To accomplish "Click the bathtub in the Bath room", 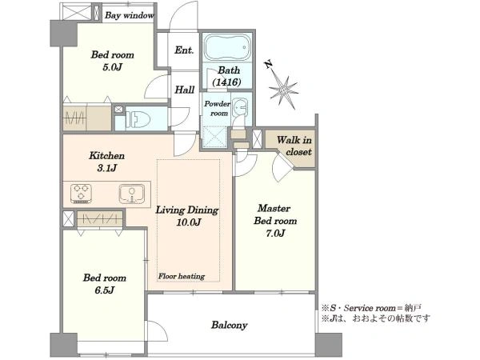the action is point(227,48).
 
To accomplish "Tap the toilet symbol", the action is point(138,118).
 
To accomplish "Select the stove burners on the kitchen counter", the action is point(81,194).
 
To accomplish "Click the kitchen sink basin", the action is point(132,193).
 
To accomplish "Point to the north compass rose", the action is point(282,87).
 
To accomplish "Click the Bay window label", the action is point(129,15).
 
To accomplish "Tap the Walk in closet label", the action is point(294,146).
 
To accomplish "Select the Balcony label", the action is point(229,325).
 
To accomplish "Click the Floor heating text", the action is point(182,277).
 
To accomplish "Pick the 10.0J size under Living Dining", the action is point(189,222).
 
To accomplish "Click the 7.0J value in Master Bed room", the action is point(275,234).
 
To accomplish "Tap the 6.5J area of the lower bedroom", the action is point(104,290).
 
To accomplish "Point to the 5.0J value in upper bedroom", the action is point(113,67).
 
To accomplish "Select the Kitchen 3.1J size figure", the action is point(107,168).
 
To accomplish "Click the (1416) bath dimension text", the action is point(227,82).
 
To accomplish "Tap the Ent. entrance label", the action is point(184,50).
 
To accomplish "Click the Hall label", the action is point(185,90).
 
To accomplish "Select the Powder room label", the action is point(217,108).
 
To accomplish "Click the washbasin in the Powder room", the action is point(241,108).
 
